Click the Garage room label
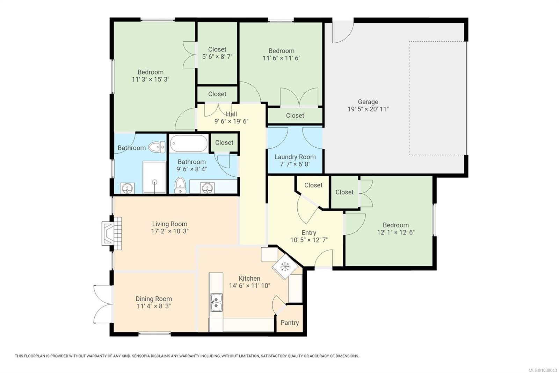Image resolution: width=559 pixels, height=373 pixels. [x=368, y=102]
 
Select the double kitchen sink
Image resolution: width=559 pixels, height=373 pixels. [x=216, y=303]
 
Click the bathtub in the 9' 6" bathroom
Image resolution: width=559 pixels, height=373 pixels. [x=189, y=144]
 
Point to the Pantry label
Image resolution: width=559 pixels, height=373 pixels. [x=289, y=323]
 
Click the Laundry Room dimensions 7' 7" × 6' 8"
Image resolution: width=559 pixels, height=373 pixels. [x=295, y=164]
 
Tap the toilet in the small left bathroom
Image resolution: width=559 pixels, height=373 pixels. [x=158, y=147]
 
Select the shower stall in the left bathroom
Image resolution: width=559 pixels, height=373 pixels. [x=154, y=177]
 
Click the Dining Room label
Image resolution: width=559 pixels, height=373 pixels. [x=154, y=299]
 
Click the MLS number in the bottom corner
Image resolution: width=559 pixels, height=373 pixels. [x=542, y=370]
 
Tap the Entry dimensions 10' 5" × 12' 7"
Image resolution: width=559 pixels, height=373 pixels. [x=309, y=240]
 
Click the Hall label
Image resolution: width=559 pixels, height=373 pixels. [x=231, y=114]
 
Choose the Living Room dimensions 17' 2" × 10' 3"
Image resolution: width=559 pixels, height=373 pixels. [x=170, y=231]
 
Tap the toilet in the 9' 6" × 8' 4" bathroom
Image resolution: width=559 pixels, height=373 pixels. [x=180, y=185]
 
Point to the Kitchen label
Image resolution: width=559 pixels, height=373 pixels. [x=249, y=279]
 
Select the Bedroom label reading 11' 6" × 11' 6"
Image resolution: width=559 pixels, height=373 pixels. [x=281, y=51]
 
